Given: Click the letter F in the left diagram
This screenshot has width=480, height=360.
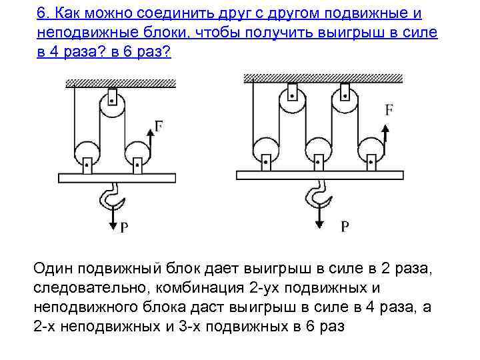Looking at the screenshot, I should point(159,125).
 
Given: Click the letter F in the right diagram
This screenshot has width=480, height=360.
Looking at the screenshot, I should point(388,111).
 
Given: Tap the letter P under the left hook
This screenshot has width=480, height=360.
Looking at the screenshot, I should point(124,228).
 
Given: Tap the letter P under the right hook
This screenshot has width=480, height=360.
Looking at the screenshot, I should point(344,227).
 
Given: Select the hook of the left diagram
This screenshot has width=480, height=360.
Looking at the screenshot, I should point(111,198).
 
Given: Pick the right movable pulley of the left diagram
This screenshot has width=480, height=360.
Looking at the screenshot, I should point(137,156).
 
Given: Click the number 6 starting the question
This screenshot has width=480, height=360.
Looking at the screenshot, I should point(41,14).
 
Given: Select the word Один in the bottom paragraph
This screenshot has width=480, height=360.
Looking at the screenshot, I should point(53,268).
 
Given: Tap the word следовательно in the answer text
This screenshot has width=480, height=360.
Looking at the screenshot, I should point(86,287).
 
